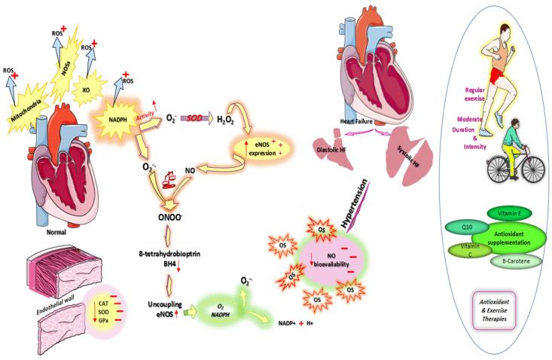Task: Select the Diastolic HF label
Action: click(332, 148)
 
